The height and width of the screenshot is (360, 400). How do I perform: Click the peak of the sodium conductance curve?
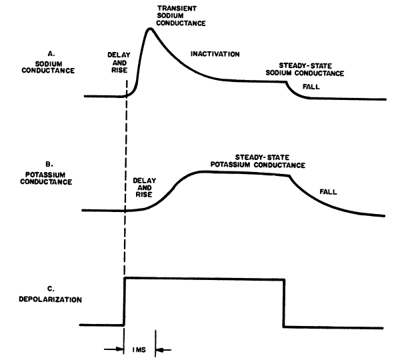point(150,29)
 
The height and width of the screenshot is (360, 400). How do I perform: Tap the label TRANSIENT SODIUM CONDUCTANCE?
point(181,15)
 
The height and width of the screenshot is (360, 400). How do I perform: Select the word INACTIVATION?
point(215,53)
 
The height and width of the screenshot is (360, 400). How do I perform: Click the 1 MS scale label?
point(139,348)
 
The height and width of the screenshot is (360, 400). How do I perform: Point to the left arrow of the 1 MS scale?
point(116,348)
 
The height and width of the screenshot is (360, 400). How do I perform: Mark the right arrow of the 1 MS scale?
point(163,348)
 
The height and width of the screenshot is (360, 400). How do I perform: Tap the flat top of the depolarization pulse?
point(204,278)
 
